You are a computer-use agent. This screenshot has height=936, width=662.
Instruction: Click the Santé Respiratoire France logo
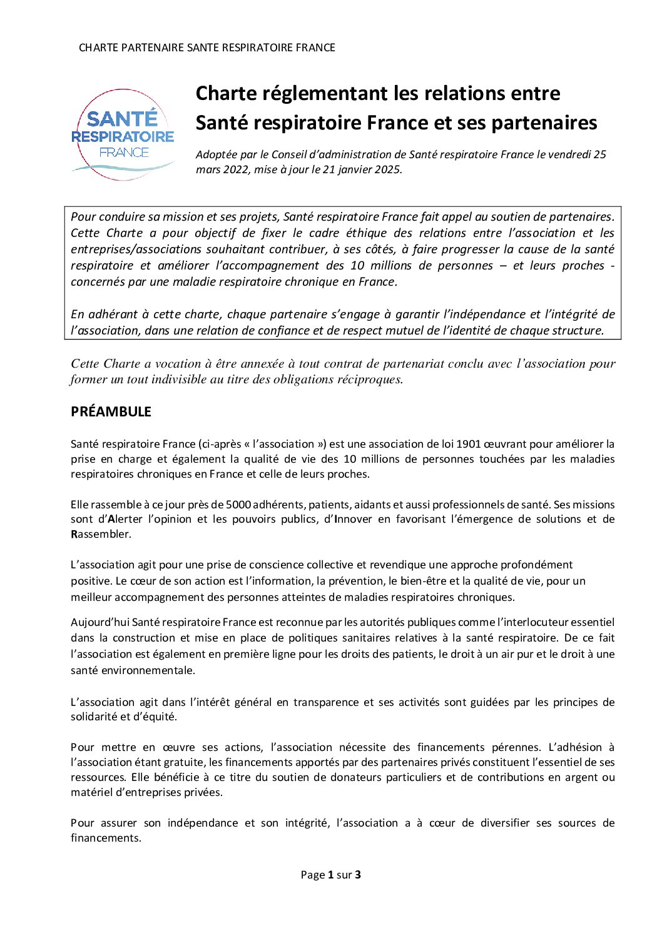pyautogui.click(x=123, y=134)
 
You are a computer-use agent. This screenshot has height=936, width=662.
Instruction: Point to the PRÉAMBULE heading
pyautogui.click(x=111, y=411)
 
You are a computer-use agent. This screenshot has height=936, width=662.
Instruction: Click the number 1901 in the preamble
pyautogui.click(x=469, y=444)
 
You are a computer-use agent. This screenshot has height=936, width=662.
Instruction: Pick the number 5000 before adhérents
pyautogui.click(x=238, y=505)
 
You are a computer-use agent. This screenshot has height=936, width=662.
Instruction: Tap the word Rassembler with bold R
pyautogui.click(x=92, y=534)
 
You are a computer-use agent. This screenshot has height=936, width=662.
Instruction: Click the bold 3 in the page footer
pyautogui.click(x=358, y=875)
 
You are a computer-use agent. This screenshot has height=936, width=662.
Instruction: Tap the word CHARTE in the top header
pyautogui.click(x=97, y=48)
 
